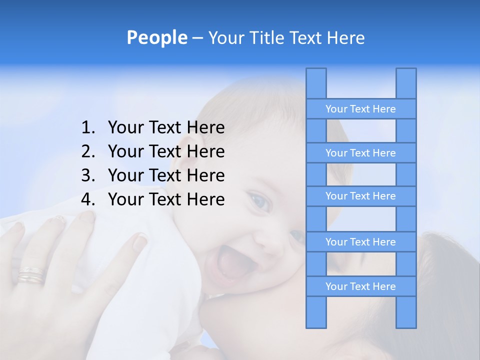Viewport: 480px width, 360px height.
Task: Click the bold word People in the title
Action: pyautogui.click(x=156, y=37)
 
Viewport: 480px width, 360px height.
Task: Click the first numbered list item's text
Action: pyautogui.click(x=166, y=128)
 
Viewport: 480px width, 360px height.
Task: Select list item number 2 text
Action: pyautogui.click(x=166, y=151)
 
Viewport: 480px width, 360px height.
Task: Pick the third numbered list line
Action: pyautogui.click(x=166, y=175)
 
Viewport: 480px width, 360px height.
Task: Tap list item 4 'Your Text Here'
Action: pyautogui.click(x=166, y=199)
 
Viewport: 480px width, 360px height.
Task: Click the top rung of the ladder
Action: pyautogui.click(x=360, y=109)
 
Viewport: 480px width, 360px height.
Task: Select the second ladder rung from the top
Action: pyautogui.click(x=360, y=153)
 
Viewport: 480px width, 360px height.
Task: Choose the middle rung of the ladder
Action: pyautogui.click(x=360, y=196)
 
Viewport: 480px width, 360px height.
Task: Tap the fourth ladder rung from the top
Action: pyautogui.click(x=360, y=242)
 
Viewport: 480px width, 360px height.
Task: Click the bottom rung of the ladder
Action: pyautogui.click(x=360, y=286)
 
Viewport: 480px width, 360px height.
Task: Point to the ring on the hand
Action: pyautogui.click(x=31, y=274)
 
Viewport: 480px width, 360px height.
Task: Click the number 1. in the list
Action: pyautogui.click(x=88, y=128)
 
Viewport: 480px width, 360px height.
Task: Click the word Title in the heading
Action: pyautogui.click(x=267, y=37)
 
